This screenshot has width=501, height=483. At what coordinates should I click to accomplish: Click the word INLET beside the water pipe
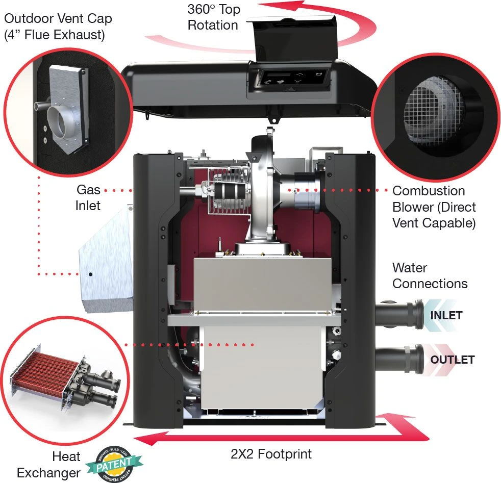pyautogui.click(x=446, y=315)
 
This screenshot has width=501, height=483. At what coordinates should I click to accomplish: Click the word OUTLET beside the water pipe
pyautogui.click(x=452, y=360)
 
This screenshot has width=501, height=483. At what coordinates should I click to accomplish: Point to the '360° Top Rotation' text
pyautogui.click(x=213, y=17)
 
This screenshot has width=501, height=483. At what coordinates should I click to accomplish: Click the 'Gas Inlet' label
pyautogui.click(x=88, y=198)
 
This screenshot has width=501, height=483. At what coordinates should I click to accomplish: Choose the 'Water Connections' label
pyautogui.click(x=430, y=275)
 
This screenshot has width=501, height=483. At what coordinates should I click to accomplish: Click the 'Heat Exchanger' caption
pyautogui.click(x=49, y=464)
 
